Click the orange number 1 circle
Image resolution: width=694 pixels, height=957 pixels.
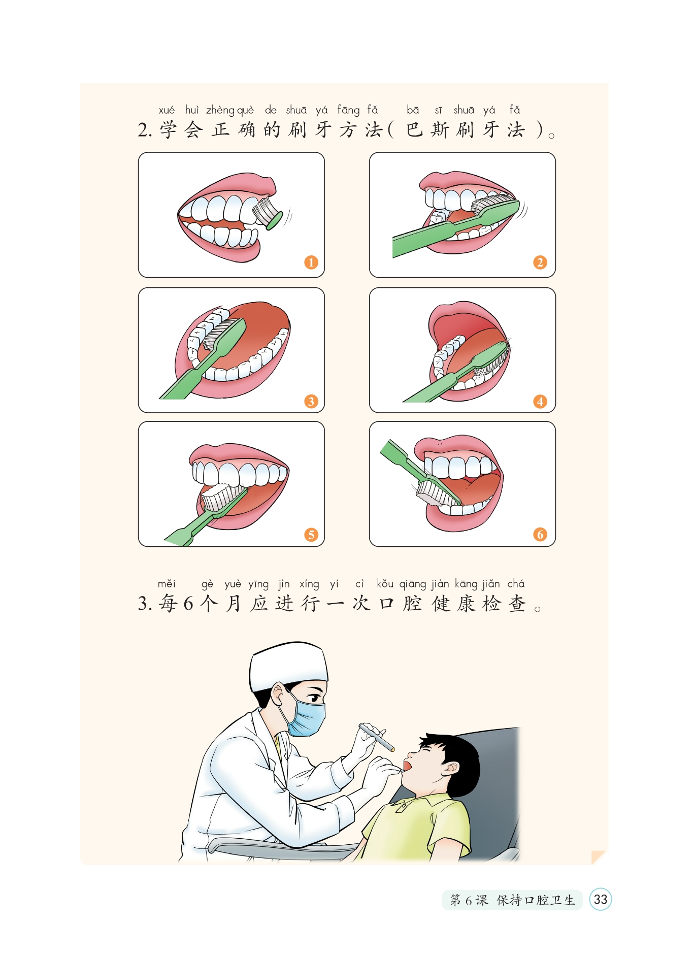[311, 262]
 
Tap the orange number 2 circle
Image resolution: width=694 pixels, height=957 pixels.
[540, 262]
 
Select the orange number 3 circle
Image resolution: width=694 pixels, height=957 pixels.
[311, 402]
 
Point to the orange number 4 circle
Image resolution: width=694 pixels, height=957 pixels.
[540, 402]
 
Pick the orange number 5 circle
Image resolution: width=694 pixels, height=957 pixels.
[311, 535]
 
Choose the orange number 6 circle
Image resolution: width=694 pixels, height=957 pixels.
[540, 535]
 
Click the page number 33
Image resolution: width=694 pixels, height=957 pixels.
[601, 900]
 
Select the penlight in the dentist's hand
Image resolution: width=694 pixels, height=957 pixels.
[377, 737]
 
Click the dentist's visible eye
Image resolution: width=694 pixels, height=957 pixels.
[315, 698]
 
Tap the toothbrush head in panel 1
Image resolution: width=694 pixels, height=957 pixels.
[268, 212]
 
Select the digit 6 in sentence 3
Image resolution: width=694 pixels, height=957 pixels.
[188, 604]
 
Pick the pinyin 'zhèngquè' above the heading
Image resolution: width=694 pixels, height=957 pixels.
[230, 110]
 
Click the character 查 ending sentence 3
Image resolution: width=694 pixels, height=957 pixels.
[517, 604]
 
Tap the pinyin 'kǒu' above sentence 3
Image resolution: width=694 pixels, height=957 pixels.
[385, 583]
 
